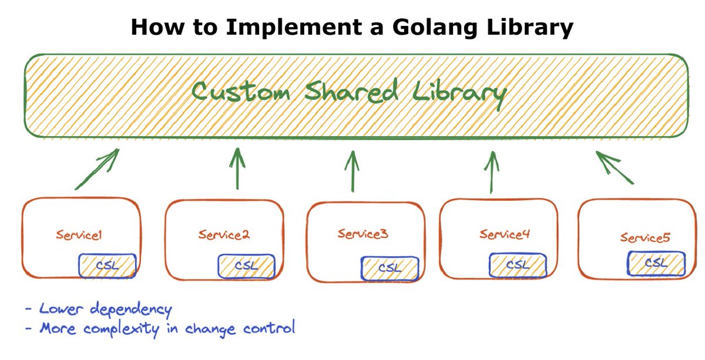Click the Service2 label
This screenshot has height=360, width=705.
[x=224, y=235]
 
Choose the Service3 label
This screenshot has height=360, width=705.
[x=362, y=234]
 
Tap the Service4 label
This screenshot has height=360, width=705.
[x=505, y=234]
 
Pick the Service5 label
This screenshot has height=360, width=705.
[x=644, y=238]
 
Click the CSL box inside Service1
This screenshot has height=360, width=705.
[x=108, y=265]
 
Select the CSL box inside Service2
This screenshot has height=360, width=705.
[x=247, y=266]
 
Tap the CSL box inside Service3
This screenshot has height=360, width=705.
[x=390, y=268]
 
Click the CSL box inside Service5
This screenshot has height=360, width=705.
[x=656, y=263]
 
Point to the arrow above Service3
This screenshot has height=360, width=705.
[x=353, y=171]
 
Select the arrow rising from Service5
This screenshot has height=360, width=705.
[x=615, y=167]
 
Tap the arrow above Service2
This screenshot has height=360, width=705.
[x=237, y=168]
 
